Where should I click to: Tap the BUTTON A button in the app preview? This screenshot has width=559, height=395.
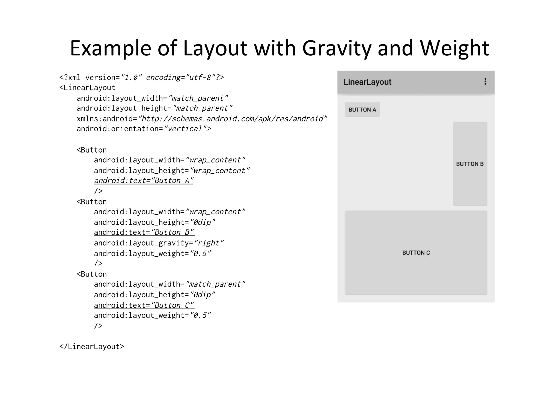pyautogui.click(x=362, y=110)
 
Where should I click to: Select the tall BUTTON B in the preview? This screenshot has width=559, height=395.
pyautogui.click(x=470, y=164)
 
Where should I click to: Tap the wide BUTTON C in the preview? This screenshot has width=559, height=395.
pyautogui.click(x=416, y=253)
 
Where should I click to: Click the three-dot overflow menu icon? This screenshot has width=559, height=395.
pyautogui.click(x=485, y=82)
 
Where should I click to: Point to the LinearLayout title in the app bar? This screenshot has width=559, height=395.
pyautogui.click(x=367, y=82)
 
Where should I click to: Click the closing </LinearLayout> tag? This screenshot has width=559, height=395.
pyautogui.click(x=92, y=347)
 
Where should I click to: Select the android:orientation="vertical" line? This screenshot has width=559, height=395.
pyautogui.click(x=144, y=129)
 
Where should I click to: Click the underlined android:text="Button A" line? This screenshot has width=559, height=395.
pyautogui.click(x=144, y=181)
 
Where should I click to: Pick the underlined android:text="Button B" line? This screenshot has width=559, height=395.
pyautogui.click(x=144, y=233)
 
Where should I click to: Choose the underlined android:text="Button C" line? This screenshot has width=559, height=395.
pyautogui.click(x=144, y=305)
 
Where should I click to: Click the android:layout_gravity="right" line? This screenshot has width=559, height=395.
pyautogui.click(x=159, y=243)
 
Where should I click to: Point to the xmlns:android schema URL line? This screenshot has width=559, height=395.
pyautogui.click(x=202, y=119)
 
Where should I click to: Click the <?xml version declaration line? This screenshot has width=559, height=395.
pyautogui.click(x=142, y=78)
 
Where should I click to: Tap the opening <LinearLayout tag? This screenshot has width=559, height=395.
pyautogui.click(x=87, y=88)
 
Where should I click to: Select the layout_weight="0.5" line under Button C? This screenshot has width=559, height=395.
pyautogui.click(x=152, y=316)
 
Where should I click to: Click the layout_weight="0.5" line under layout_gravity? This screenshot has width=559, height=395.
pyautogui.click(x=152, y=254)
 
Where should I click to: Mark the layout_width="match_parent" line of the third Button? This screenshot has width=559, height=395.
pyautogui.click(x=170, y=284)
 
